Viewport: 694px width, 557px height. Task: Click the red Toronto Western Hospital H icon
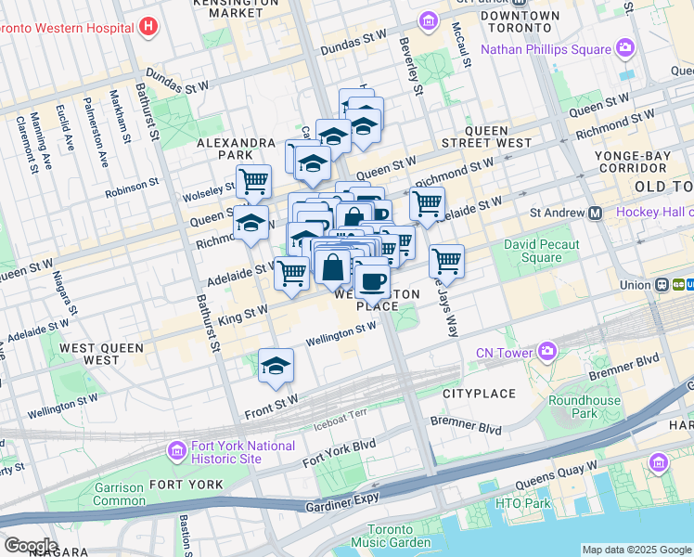click(148, 27)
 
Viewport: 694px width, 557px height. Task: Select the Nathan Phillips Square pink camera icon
click(625, 46)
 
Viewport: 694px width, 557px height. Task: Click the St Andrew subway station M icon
click(596, 213)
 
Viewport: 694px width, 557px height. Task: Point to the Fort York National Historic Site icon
click(176, 452)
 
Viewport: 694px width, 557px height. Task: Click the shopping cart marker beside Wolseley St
click(253, 181)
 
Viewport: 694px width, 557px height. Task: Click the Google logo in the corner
click(30, 545)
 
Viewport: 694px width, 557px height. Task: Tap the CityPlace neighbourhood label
click(479, 394)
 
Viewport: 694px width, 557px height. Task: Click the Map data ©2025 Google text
click(636, 550)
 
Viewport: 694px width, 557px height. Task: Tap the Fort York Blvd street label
click(339, 451)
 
